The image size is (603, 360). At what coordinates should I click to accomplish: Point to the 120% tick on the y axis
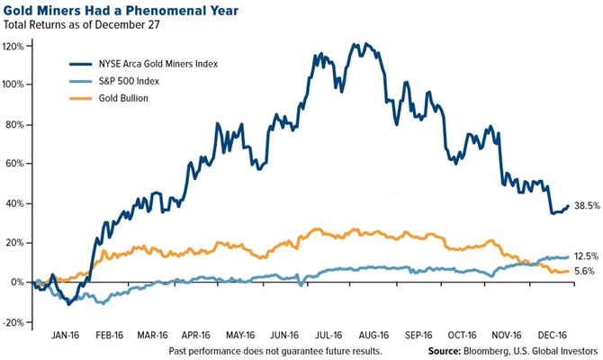(x=14, y=45)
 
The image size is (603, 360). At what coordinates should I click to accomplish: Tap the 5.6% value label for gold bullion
(x=586, y=272)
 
